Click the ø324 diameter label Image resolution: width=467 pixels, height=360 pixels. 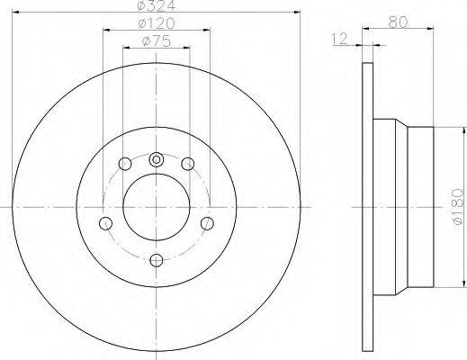pos(157,5)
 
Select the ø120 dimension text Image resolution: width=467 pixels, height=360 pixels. pos(157,23)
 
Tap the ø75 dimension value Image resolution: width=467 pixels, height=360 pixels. pos(157,41)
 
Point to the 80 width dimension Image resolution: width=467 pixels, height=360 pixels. pos(398,22)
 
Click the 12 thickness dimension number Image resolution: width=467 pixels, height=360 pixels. pos(339,39)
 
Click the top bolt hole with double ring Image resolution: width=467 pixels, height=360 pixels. pos(157,159)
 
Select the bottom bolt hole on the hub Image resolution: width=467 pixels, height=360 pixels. pos(157,260)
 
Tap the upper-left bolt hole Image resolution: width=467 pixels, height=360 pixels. pos(125,164)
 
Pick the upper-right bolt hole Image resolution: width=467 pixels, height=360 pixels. pos(188,164)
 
